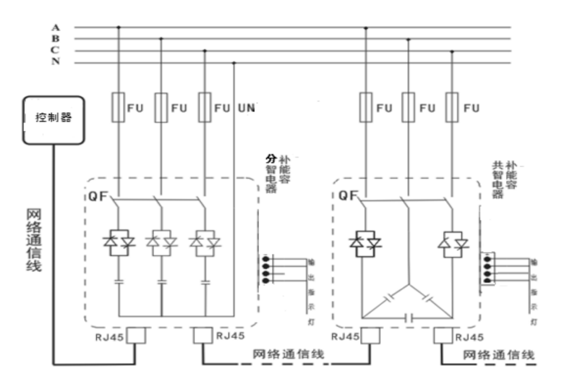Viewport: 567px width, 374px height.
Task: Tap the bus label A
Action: pyautogui.click(x=56, y=27)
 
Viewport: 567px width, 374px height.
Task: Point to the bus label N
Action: pyautogui.click(x=56, y=62)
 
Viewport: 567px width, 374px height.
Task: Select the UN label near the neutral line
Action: pyautogui.click(x=245, y=108)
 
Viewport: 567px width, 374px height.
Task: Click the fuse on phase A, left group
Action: pyautogui.click(x=119, y=108)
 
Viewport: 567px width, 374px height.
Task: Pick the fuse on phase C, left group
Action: pyautogui.click(x=203, y=108)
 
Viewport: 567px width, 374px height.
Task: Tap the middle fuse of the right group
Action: pyautogui.click(x=408, y=108)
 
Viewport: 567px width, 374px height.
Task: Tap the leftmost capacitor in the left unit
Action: pyautogui.click(x=119, y=282)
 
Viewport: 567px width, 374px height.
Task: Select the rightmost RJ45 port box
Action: pyautogui.click(x=443, y=335)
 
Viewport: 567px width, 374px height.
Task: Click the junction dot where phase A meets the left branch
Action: pyautogui.click(x=119, y=27)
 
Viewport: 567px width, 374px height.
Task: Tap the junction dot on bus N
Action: pyautogui.click(x=233, y=62)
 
